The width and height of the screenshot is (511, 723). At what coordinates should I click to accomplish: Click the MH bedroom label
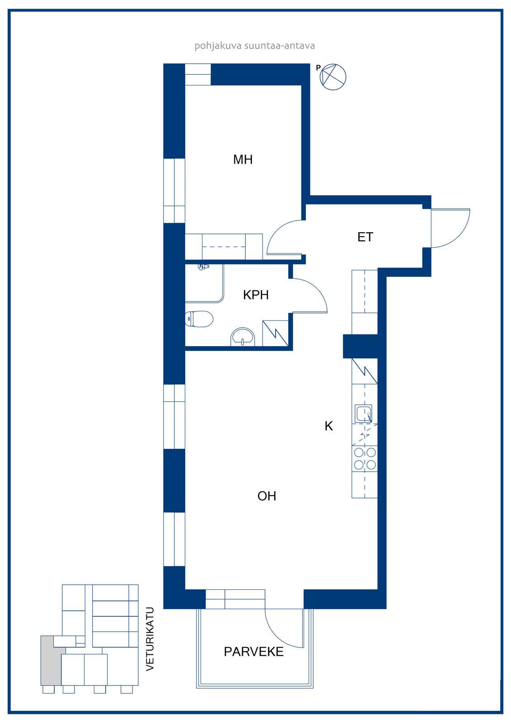click(x=243, y=160)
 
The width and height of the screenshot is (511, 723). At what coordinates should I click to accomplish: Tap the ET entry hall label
click(x=365, y=237)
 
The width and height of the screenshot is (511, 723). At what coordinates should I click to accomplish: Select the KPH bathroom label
click(x=256, y=295)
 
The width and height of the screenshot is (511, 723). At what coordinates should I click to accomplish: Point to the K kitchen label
click(x=328, y=426)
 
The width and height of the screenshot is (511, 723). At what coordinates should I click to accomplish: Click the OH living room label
click(x=267, y=496)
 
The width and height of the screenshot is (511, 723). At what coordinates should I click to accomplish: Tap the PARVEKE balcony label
click(x=254, y=652)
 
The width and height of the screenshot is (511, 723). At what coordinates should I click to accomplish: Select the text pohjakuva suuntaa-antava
click(x=255, y=46)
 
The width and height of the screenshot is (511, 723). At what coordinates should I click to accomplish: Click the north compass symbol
click(x=333, y=77)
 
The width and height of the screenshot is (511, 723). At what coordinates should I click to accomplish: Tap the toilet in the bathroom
click(x=199, y=319)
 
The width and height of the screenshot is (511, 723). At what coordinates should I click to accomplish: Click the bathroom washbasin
click(x=243, y=337)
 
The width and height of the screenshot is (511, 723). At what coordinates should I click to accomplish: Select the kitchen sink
click(x=363, y=413)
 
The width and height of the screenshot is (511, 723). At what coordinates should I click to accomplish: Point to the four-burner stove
click(x=365, y=458)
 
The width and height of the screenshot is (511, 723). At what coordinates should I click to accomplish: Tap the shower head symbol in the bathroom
click(x=203, y=267)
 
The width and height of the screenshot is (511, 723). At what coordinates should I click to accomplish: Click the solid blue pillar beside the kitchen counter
click(x=360, y=346)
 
